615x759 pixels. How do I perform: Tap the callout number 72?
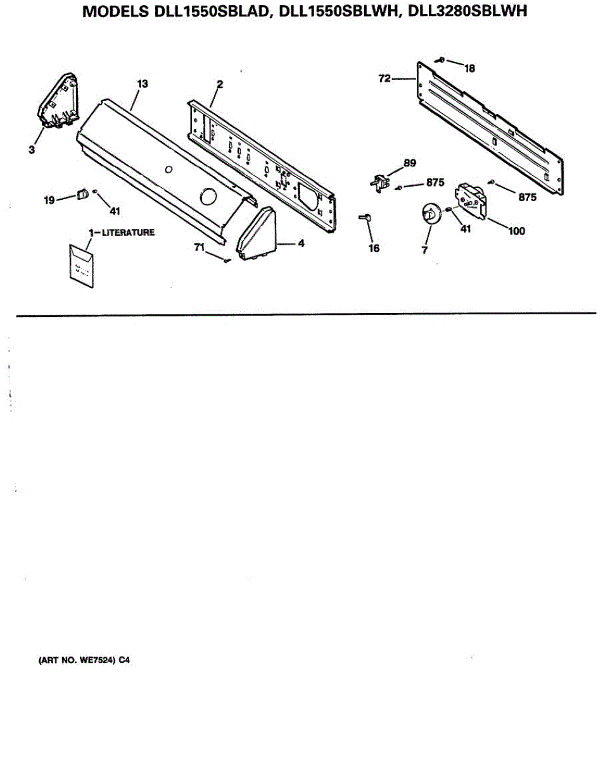pos(385,78)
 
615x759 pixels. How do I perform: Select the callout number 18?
pos(469,68)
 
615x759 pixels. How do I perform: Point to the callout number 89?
pos(410,163)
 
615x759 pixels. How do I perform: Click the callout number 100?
pos(516,231)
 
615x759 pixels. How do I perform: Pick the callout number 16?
pos(374,248)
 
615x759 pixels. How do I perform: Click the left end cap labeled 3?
pos(58,101)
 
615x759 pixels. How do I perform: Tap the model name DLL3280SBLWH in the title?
pos(467,11)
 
